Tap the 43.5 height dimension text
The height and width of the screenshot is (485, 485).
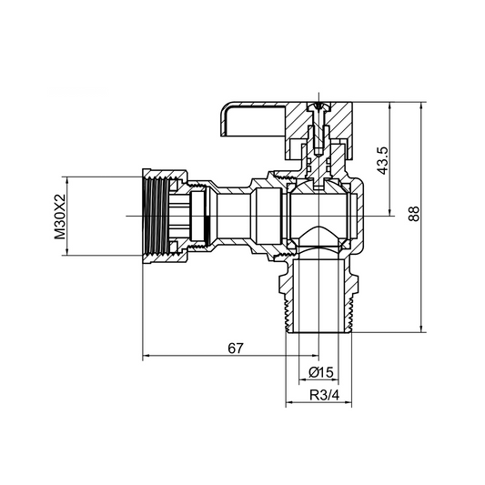point(384,159)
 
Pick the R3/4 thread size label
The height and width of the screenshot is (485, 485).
point(319,396)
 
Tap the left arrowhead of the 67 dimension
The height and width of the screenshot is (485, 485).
point(147,356)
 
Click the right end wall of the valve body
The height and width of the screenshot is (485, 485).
point(361,216)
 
